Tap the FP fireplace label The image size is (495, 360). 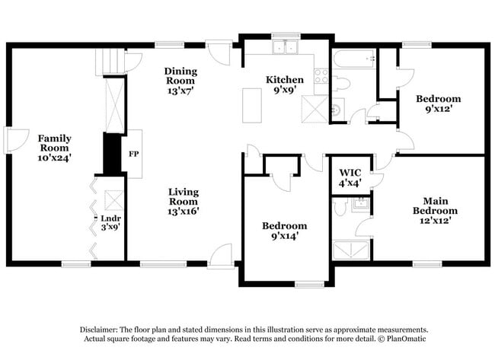point(133,154)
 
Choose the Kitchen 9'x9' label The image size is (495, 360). point(285,85)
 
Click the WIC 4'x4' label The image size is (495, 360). point(350,178)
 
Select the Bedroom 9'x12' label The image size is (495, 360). point(438,104)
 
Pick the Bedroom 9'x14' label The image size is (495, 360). point(285,231)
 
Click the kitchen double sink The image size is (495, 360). point(286,48)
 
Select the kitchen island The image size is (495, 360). point(252,105)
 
